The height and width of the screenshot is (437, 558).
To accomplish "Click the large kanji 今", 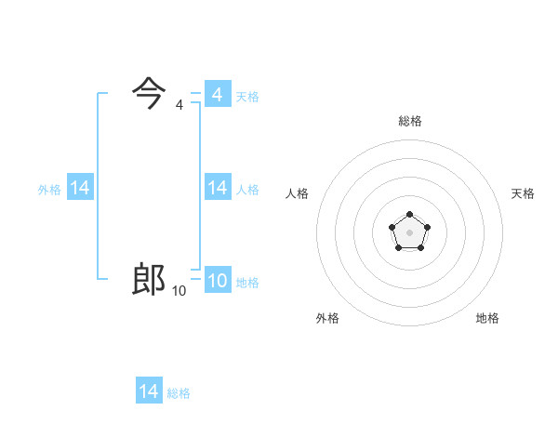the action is [150, 93].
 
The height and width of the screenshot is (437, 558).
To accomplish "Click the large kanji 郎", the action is [150, 279].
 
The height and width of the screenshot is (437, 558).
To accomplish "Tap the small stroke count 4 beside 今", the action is [179, 105].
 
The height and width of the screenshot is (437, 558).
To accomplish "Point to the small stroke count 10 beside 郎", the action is [179, 291].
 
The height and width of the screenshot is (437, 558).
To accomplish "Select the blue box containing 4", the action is [218, 94].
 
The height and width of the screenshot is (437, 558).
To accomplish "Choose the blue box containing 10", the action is [218, 281].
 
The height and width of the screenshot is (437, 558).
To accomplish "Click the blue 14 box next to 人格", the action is [218, 188].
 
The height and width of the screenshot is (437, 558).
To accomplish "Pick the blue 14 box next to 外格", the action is [80, 188].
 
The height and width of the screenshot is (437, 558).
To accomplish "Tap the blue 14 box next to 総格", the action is [149, 391].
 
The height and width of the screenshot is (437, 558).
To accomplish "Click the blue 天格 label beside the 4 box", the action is [247, 97].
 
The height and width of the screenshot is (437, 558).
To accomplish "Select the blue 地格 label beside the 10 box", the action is [247, 283].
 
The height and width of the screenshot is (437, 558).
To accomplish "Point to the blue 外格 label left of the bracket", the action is [49, 190].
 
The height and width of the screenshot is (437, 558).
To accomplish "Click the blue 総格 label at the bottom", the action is [179, 393].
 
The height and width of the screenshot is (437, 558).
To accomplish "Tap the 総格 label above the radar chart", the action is [410, 121].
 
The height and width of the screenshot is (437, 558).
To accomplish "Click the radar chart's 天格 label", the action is [523, 193].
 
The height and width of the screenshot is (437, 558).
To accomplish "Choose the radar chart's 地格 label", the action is [487, 318].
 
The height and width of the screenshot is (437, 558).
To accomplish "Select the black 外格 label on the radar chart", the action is [327, 318].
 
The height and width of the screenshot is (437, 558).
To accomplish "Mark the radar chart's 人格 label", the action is [298, 193].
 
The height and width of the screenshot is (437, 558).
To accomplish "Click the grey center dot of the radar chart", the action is [410, 231].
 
